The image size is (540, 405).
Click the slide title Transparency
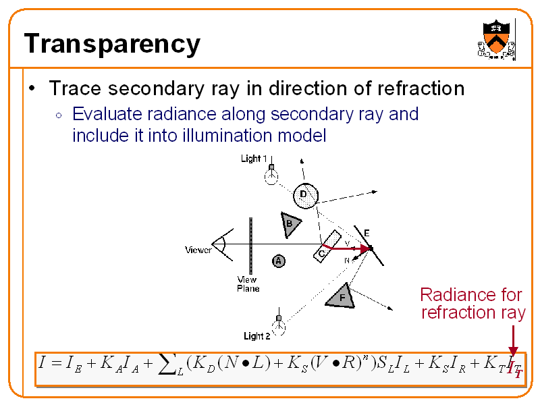tap(112, 45)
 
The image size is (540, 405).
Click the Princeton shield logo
tap(497, 38)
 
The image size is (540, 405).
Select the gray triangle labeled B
tap(290, 224)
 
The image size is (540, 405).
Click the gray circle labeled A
tap(278, 261)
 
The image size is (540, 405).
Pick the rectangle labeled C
tap(327, 245)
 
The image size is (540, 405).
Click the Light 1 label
tap(254, 159)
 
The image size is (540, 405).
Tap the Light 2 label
tap(256, 335)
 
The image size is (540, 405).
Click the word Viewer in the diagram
tap(198, 250)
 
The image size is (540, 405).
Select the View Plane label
tap(248, 284)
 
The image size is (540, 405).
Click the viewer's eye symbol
tap(221, 244)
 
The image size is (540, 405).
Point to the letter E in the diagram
tap(367, 233)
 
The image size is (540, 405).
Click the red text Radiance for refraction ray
tap(472, 303)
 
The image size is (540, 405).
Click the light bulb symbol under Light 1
tap(271, 175)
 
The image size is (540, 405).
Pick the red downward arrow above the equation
tap(513, 340)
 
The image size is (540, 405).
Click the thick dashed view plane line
tap(250, 246)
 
